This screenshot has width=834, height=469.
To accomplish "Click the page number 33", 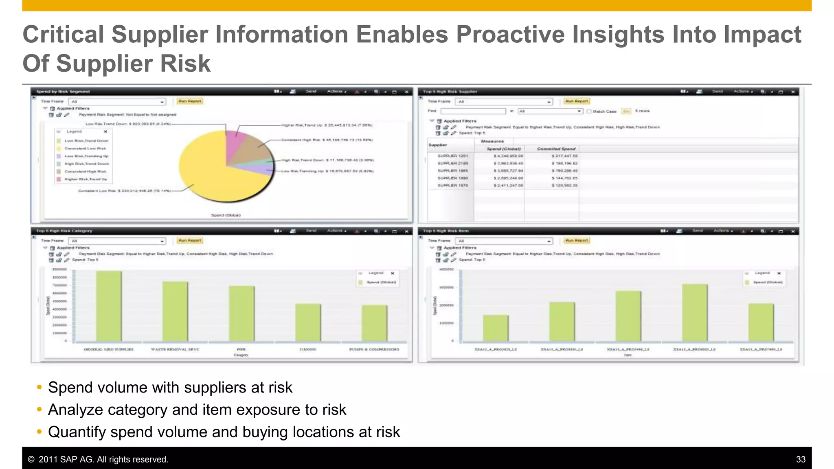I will (800, 459).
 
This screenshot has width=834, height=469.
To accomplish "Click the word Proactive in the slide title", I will (510, 34).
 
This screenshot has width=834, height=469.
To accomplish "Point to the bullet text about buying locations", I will (224, 432).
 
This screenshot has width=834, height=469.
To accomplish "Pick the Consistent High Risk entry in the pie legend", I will (85, 171).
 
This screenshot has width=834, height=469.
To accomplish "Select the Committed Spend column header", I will (556, 149).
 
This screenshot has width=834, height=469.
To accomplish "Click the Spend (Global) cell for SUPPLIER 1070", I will (508, 185).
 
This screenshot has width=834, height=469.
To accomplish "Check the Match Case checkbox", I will (589, 111).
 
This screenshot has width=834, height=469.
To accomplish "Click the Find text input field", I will (473, 111).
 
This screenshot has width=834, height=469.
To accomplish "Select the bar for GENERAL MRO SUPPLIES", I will (109, 306).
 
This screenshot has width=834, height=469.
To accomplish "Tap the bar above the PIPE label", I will (241, 313).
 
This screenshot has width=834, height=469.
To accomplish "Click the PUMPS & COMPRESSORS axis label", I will (374, 349).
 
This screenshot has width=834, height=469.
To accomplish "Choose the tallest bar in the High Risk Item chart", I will (695, 312).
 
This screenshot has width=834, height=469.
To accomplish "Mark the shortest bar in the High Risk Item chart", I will (496, 328).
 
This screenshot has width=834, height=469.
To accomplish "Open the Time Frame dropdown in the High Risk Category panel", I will (117, 241).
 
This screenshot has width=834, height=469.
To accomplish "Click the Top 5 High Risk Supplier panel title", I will (450, 92).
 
